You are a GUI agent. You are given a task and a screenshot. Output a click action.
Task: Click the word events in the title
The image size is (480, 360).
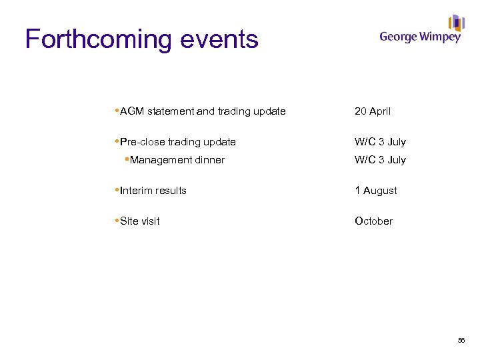pyautogui.click(x=217, y=40)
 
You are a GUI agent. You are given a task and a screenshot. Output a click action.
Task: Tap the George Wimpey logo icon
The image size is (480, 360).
pyautogui.click(x=457, y=23)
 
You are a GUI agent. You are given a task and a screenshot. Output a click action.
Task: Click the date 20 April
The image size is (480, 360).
pyautogui.click(x=373, y=111)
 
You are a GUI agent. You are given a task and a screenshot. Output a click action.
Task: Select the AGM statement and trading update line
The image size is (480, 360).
pyautogui.click(x=203, y=111)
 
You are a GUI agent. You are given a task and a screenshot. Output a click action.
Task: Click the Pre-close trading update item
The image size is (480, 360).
pyautogui.click(x=177, y=142)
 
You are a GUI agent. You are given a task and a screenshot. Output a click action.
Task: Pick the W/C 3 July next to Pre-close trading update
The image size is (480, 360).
pyautogui.click(x=380, y=142)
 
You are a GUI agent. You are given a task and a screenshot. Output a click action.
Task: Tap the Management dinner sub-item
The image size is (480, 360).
pyautogui.click(x=177, y=160)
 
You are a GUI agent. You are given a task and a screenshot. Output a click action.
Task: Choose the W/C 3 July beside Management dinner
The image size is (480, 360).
pyautogui.click(x=380, y=160)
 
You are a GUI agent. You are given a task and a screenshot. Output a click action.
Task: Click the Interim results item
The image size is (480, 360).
pyautogui.click(x=153, y=191)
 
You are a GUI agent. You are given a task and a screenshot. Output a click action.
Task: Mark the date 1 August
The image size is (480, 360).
pyautogui.click(x=376, y=191)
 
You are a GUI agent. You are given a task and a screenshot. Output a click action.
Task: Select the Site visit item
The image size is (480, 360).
pyautogui.click(x=140, y=221)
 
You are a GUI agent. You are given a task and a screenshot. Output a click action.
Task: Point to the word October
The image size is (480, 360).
pyautogui.click(x=373, y=221)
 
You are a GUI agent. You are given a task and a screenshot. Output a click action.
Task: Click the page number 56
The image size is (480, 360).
pyautogui.click(x=461, y=341)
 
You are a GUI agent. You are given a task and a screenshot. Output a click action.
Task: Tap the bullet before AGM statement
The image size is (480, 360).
pyautogui.click(x=117, y=111)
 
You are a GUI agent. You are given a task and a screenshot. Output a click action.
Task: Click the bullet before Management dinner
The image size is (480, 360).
pyautogui.click(x=127, y=159)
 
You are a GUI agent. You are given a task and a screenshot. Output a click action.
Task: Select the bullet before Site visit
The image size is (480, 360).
pyautogui.click(x=117, y=221)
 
